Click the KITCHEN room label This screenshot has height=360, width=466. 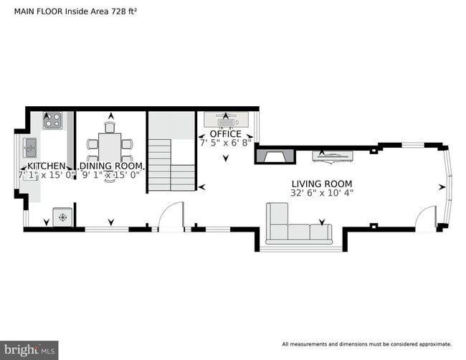(x=41, y=165)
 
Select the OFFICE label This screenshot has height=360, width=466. (x=225, y=134)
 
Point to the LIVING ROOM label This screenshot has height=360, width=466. (x=322, y=184)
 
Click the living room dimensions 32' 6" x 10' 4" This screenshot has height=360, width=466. (x=322, y=193)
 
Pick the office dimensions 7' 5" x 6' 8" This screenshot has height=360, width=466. (x=225, y=143)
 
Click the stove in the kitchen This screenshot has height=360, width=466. (x=52, y=120)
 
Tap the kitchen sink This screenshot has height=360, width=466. (x=30, y=148)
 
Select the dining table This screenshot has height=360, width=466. (x=110, y=149)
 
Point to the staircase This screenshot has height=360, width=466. (x=171, y=165)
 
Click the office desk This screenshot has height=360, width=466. (x=225, y=119)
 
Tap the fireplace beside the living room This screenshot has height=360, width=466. (x=276, y=156)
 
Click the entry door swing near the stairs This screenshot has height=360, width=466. (x=170, y=216)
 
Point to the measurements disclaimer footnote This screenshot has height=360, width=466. (x=366, y=344)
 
